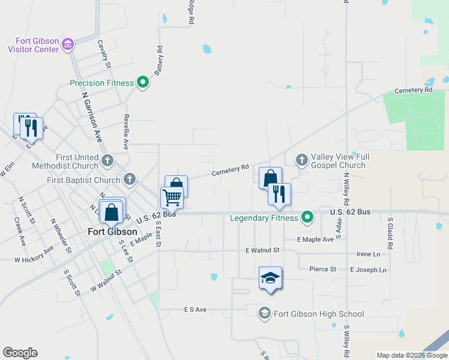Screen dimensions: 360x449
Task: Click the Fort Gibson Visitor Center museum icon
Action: (68, 44)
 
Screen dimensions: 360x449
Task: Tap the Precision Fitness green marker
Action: (143, 83)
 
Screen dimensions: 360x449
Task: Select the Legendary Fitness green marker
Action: (307, 217)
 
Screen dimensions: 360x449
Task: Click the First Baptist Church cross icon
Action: (129, 179)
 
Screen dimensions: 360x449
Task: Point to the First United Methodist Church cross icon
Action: (107, 160)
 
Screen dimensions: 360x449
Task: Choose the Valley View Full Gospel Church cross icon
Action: (301, 160)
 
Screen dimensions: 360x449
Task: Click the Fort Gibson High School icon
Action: (264, 313)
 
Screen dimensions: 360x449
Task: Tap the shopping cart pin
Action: (172, 197)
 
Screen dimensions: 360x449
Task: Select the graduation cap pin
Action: (270, 278)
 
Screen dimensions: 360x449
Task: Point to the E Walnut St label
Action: (263, 250)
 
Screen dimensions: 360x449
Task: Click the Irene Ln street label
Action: (369, 254)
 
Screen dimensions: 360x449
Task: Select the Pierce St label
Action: (323, 269)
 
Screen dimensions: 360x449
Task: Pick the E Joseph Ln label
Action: (369, 270)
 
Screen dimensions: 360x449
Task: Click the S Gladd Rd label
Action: (390, 233)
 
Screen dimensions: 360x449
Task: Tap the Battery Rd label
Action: (159, 61)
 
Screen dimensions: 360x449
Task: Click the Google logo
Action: (20, 353)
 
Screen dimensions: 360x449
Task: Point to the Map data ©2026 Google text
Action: (411, 355)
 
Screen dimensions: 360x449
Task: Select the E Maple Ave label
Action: (315, 239)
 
